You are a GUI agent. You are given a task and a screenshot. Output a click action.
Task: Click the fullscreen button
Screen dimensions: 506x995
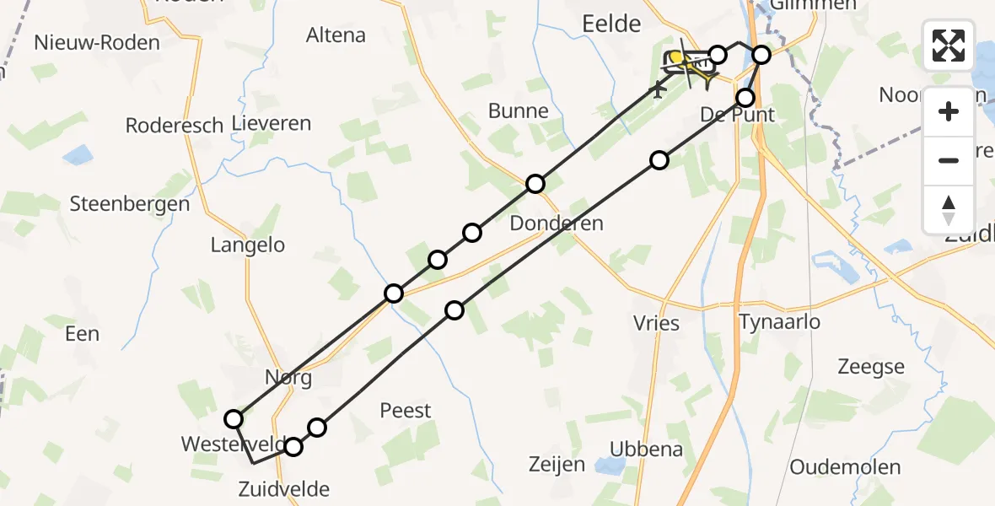949,46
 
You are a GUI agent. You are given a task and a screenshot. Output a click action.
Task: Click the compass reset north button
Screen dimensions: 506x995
949,210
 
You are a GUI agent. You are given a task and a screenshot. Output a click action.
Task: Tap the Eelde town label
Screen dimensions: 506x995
611,24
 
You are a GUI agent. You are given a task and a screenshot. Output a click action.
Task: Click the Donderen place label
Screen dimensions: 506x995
557,223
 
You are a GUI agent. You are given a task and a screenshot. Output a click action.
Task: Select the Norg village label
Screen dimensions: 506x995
288,378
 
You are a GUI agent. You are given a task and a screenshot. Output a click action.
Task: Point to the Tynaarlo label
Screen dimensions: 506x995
779,321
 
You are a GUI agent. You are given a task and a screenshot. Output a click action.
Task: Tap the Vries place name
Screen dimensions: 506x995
656,323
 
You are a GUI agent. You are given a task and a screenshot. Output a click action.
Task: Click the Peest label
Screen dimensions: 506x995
406,411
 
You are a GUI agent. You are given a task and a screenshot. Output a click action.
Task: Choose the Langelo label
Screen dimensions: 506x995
248,245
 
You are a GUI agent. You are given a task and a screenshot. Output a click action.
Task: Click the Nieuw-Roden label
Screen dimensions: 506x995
97,42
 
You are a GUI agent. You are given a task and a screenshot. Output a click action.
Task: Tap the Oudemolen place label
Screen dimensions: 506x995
845,467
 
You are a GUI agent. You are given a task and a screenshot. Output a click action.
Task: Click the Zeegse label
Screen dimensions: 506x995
871,367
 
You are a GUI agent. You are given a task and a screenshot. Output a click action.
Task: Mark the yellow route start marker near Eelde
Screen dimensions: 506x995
675,57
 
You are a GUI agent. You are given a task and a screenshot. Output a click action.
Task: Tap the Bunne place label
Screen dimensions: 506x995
519,111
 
